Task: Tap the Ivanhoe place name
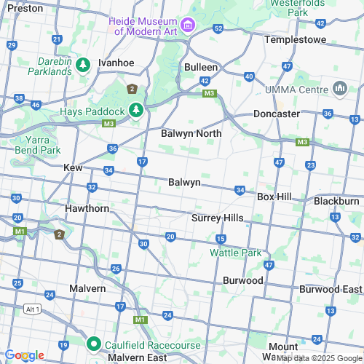pyautogui.click(x=117, y=63)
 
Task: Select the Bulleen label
pyautogui.click(x=200, y=66)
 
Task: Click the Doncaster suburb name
pyautogui.click(x=277, y=114)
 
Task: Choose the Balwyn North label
pyautogui.click(x=191, y=134)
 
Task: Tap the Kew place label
pyautogui.click(x=74, y=167)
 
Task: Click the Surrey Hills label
pyautogui.click(x=217, y=218)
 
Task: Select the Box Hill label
pyautogui.click(x=274, y=197)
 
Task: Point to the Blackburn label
pyautogui.click(x=336, y=200)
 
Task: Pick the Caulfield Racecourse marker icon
pyautogui.click(x=93, y=343)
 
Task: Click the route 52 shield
pyautogui.click(x=218, y=28)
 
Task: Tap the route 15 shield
pyautogui.click(x=221, y=240)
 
